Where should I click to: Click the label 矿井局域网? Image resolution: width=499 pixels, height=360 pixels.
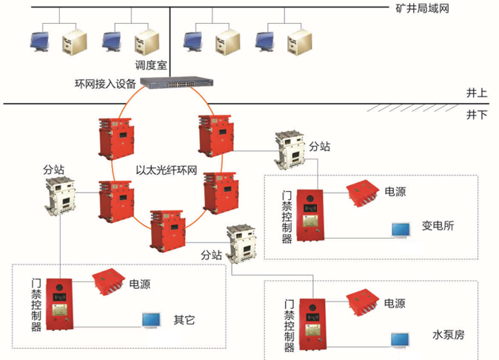point(423,9)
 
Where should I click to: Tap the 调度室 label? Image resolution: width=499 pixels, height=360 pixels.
point(150,65)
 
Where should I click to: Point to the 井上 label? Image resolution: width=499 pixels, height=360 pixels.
point(476,93)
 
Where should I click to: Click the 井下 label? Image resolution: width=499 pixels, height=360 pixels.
point(476,115)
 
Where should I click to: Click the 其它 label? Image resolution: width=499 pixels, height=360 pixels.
point(184,320)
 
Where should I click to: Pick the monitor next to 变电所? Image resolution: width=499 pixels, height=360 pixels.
point(401,230)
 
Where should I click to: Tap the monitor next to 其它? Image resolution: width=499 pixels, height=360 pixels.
point(152,320)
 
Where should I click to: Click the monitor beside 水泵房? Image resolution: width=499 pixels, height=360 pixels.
point(401,339)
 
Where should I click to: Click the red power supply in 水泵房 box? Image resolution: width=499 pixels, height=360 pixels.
point(362,304)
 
